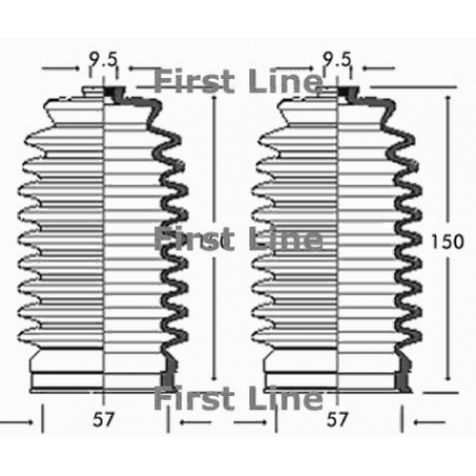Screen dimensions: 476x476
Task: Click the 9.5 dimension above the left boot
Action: click(x=103, y=59)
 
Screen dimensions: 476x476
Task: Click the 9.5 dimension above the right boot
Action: click(x=337, y=59)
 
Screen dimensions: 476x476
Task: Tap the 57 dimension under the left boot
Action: click(x=103, y=420)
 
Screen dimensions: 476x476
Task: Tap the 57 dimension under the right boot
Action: click(x=337, y=420)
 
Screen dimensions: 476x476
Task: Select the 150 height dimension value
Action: click(x=447, y=242)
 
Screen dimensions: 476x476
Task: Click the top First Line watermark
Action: click(x=238, y=81)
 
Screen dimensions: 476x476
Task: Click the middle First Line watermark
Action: click(x=238, y=239)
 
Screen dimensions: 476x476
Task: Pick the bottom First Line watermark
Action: click(x=238, y=398)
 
